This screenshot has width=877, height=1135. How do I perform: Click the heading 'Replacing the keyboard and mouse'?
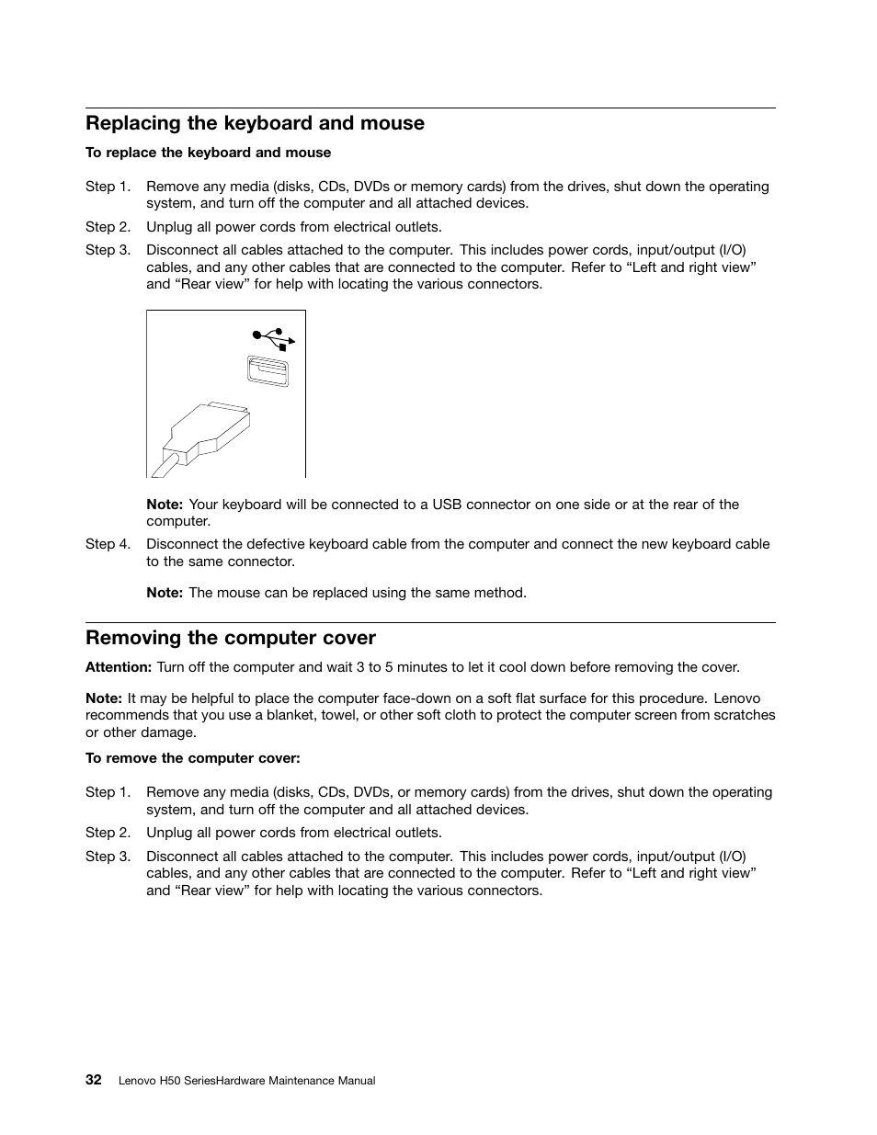[255, 123]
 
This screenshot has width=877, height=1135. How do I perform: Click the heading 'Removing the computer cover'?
[231, 638]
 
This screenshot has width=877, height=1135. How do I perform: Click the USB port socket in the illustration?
[268, 371]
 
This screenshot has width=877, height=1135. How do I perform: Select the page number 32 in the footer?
[94, 1080]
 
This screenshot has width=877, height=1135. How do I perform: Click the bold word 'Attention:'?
[119, 667]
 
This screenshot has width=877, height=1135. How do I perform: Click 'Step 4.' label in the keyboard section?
[108, 544]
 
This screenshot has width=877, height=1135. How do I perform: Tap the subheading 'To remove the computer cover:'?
[193, 758]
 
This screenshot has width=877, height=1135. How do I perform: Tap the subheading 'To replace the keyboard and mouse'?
[208, 153]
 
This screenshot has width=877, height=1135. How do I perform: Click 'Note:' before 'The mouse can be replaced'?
[165, 593]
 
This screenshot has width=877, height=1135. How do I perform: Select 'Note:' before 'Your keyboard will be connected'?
[165, 505]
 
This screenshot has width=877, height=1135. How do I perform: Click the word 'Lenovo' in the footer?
[138, 1081]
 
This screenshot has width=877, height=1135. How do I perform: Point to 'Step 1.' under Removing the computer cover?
[108, 792]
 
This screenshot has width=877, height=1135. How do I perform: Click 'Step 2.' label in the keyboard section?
[108, 227]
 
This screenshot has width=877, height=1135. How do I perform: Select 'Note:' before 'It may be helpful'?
[104, 698]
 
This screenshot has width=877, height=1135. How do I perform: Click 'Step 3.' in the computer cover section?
[108, 856]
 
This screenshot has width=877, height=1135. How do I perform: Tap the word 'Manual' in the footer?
[357, 1081]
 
